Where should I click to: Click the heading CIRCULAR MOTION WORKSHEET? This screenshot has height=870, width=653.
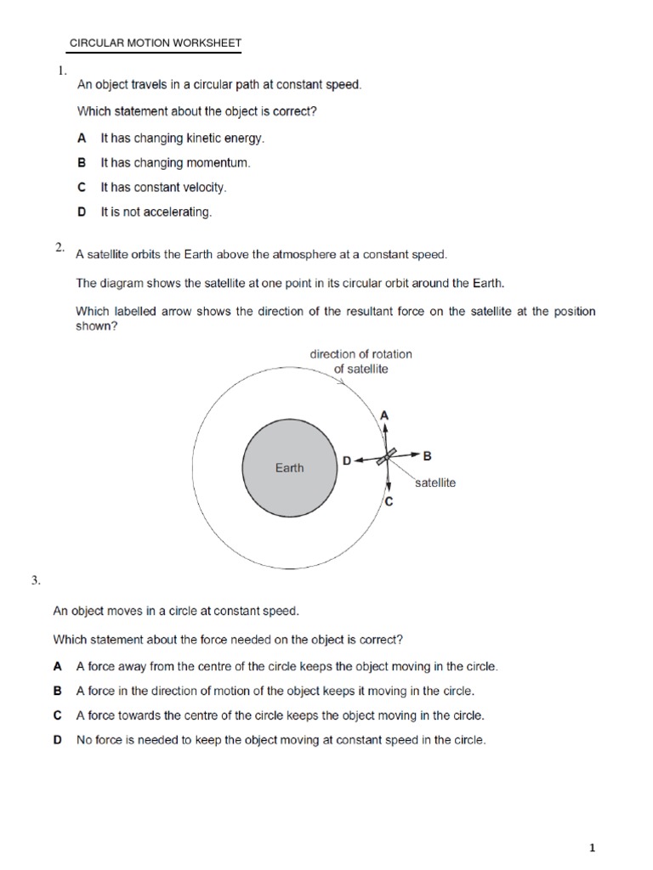pos(155,42)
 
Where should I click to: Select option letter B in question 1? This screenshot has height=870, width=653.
pos(82,161)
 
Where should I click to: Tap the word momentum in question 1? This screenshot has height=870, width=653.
pos(223,162)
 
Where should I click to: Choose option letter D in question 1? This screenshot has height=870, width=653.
pos(82,212)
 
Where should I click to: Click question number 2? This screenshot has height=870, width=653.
pos(60,247)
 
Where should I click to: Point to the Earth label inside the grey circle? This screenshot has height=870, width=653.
pos(289,467)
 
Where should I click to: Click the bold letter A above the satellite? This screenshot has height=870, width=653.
pos(383,415)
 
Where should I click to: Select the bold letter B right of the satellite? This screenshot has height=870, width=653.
pos(428,455)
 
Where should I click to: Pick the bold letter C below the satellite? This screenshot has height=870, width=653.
pos(389,502)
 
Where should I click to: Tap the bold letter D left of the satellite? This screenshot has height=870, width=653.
pos(346,460)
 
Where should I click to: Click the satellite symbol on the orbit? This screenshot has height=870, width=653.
pos(387,456)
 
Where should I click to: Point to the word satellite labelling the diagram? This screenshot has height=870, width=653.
pos(435,483)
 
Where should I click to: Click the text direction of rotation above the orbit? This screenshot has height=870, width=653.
pos(361,354)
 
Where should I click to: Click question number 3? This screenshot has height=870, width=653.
pos(36,581)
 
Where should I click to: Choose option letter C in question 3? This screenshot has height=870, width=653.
pos(58,715)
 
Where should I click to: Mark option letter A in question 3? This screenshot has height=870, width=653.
pos(58,667)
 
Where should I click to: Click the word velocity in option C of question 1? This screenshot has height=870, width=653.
pos(203,187)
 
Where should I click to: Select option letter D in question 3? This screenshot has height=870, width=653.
pos(58,740)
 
